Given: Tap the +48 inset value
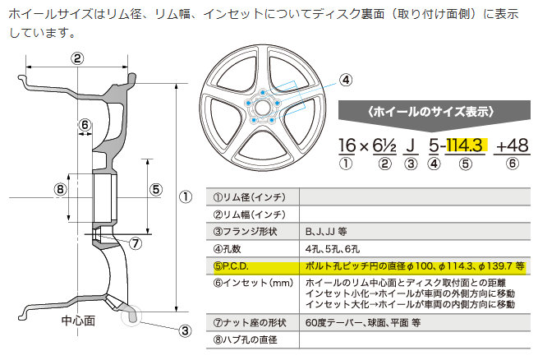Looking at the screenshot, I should [x=513, y=145].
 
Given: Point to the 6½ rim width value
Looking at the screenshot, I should [x=383, y=145].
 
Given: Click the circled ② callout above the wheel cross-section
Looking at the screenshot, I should [x=77, y=58].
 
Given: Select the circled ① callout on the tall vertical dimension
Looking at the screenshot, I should [x=186, y=196].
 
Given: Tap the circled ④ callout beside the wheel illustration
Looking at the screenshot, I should [x=345, y=80].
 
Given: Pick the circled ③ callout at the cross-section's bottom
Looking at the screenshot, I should [x=186, y=331].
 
